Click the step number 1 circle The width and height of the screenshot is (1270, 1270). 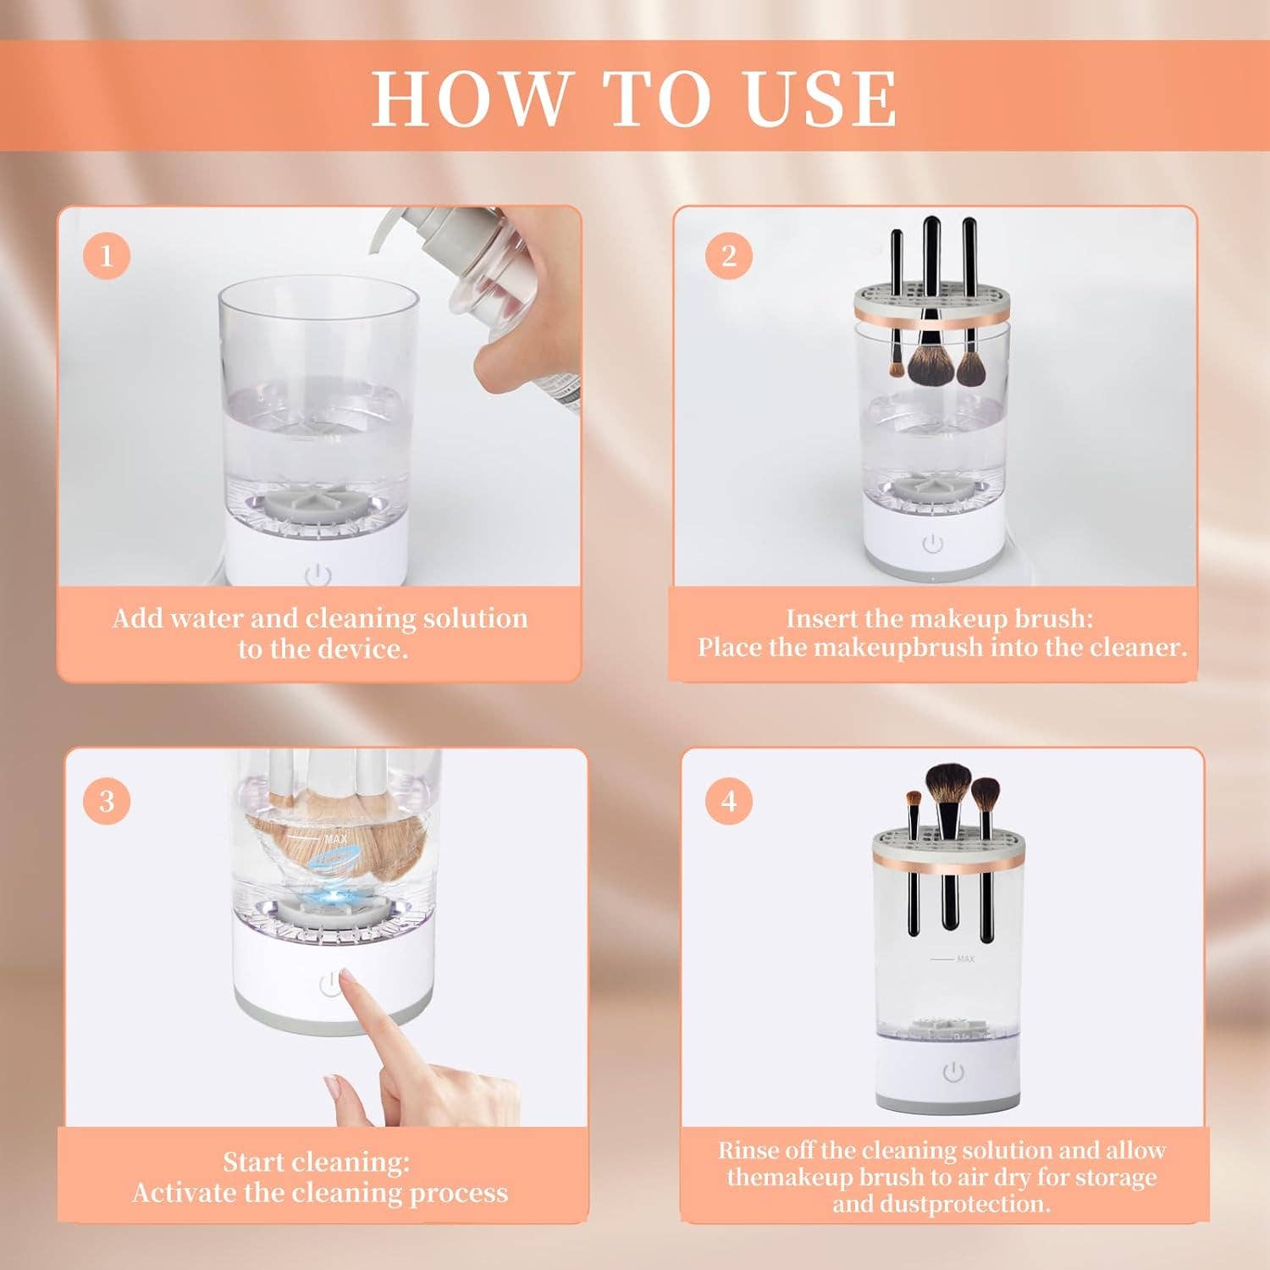click(107, 255)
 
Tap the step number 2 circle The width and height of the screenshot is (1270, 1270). click(729, 255)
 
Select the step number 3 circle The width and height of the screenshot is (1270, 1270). click(107, 800)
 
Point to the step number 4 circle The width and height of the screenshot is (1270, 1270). click(729, 800)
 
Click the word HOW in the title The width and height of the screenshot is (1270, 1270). click(471, 99)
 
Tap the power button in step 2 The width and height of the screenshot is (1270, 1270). click(932, 544)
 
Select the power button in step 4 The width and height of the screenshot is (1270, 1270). click(953, 1073)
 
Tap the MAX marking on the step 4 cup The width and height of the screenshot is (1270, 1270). click(965, 958)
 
